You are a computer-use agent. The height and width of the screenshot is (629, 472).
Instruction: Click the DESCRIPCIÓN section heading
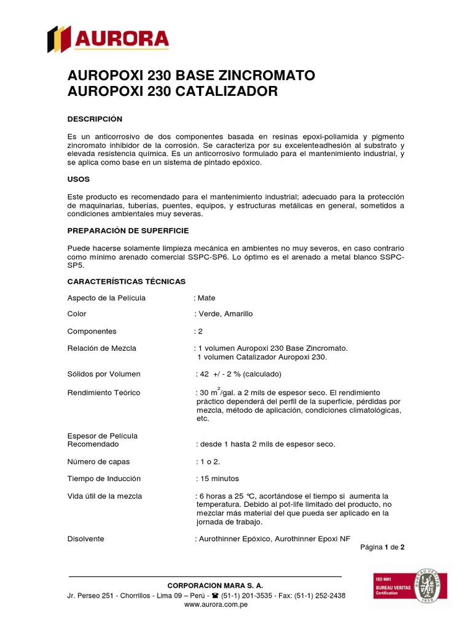click(x=95, y=119)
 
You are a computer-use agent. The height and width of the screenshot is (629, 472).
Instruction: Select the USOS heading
click(x=78, y=179)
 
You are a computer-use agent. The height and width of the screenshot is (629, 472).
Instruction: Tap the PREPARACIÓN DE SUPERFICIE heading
click(x=128, y=230)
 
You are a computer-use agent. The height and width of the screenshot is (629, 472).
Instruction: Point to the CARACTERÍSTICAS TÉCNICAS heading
click(x=126, y=281)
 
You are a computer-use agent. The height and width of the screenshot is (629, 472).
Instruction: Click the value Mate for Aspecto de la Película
click(x=206, y=298)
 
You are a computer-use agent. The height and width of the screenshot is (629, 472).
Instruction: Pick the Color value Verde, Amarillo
click(x=225, y=314)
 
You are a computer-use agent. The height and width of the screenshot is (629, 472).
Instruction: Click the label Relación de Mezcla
click(x=101, y=348)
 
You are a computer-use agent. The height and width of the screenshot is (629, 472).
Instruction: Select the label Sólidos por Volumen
click(x=103, y=373)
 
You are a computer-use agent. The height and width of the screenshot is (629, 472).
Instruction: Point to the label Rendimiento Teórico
click(x=103, y=393)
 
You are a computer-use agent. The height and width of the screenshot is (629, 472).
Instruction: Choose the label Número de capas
click(x=98, y=461)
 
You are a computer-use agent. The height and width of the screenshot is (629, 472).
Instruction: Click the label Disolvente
click(x=85, y=539)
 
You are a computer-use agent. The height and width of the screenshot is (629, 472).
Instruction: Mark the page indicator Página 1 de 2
click(x=382, y=547)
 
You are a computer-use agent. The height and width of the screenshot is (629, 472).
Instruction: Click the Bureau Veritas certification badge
click(x=410, y=590)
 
